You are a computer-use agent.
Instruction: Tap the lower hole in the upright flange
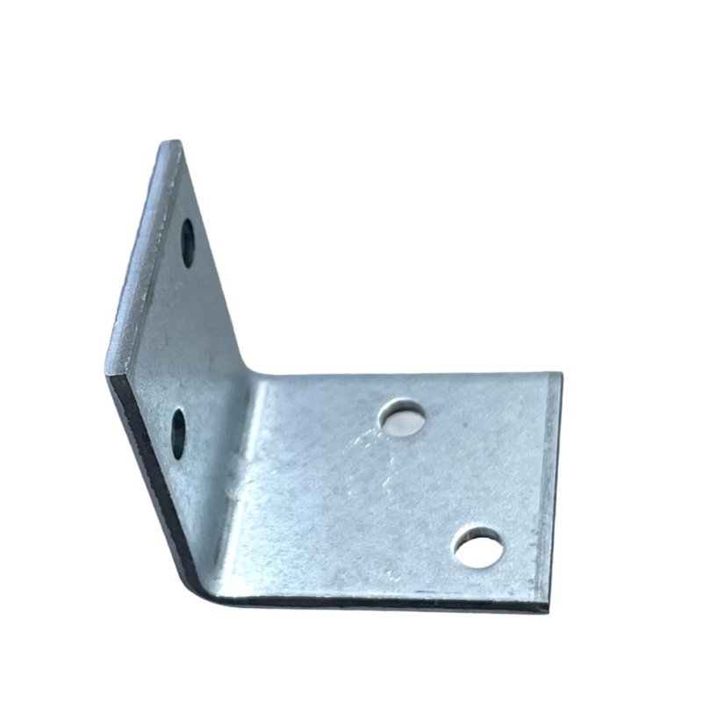tap(179, 433)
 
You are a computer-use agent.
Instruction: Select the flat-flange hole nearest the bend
tap(403, 420)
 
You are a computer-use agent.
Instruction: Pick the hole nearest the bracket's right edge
tap(478, 547)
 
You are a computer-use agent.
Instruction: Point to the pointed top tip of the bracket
tap(173, 143)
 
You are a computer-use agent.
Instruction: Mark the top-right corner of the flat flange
tap(555, 374)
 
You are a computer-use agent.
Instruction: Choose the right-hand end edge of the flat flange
tap(553, 492)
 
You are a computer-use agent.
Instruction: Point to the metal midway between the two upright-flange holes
tap(183, 338)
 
